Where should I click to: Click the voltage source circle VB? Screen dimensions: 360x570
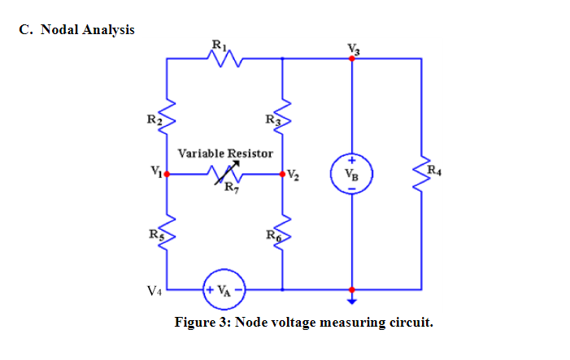(351, 174)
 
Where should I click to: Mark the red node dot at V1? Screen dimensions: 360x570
(167, 174)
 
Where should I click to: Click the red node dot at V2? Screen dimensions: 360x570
(282, 174)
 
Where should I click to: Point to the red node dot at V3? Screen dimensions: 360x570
(351, 59)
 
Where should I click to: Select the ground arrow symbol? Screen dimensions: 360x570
(351, 298)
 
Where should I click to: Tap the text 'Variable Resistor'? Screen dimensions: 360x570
(225, 153)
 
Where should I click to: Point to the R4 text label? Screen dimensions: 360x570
(436, 170)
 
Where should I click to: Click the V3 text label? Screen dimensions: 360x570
(352, 47)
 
